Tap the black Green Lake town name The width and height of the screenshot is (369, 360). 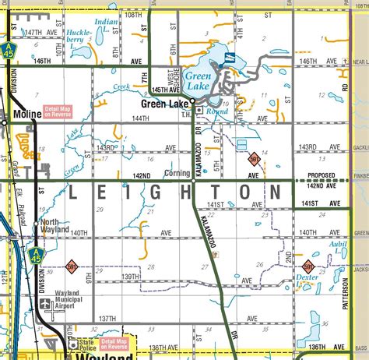pyautogui.click(x=165, y=102)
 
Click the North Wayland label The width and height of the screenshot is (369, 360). pyautogui.click(x=54, y=226)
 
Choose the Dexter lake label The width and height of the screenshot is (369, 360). pyautogui.click(x=308, y=276)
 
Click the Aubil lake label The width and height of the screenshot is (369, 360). pyautogui.click(x=337, y=244)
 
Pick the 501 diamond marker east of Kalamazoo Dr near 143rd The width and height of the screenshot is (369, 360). pyautogui.click(x=254, y=158)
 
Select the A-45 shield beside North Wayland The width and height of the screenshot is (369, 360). pyautogui.click(x=34, y=254)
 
